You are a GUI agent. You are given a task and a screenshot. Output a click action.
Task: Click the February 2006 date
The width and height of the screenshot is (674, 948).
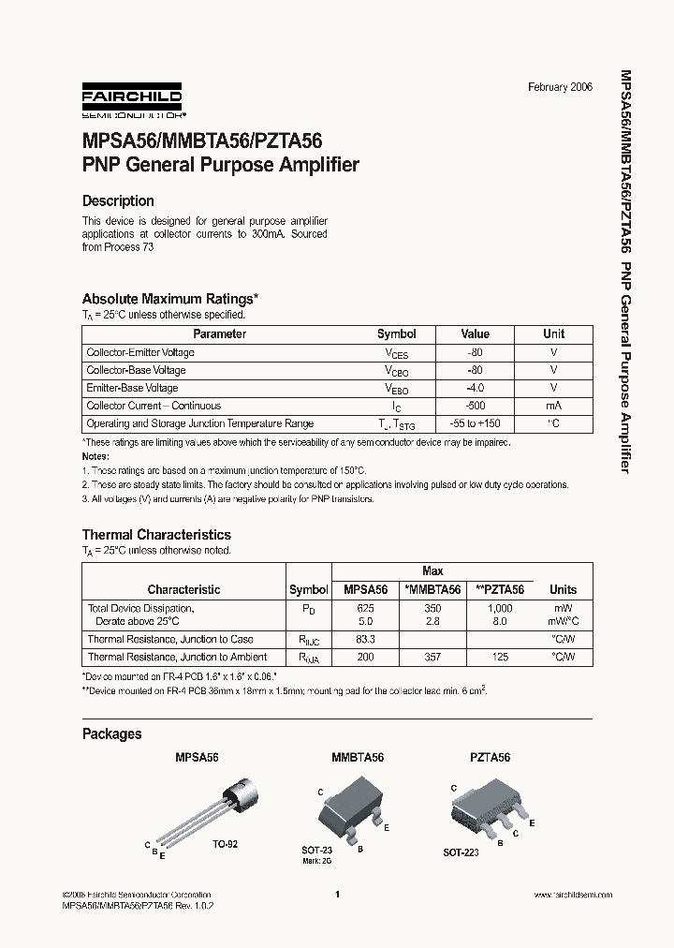click(x=560, y=87)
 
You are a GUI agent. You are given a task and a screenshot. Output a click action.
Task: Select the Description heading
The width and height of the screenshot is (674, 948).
click(x=118, y=200)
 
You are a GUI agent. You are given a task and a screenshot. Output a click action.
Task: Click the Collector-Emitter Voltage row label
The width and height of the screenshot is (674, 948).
click(x=140, y=352)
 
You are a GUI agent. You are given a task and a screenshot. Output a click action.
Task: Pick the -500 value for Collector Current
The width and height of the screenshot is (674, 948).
click(x=476, y=406)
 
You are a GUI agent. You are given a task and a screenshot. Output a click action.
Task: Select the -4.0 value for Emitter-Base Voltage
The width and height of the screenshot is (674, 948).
click(x=476, y=388)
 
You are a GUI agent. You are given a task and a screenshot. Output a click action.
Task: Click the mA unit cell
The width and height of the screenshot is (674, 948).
click(x=554, y=406)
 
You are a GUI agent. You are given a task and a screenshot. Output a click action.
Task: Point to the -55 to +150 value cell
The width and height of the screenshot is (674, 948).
click(x=476, y=423)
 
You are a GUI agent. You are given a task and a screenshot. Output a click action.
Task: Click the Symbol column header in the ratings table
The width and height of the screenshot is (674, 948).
click(x=397, y=334)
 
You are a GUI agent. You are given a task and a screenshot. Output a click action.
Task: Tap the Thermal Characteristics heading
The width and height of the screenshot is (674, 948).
click(x=156, y=535)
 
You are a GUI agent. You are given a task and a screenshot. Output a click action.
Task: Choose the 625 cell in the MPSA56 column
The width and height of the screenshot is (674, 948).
click(x=365, y=608)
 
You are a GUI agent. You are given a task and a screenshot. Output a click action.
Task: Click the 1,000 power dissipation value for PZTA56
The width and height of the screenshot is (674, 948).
click(x=500, y=608)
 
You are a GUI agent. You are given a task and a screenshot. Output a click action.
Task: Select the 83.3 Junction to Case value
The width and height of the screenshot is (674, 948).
click(x=365, y=639)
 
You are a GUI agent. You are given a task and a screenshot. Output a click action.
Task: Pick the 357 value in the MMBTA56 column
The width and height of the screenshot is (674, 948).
click(x=432, y=658)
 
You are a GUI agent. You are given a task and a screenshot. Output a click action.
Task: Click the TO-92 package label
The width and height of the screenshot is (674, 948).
click(x=225, y=844)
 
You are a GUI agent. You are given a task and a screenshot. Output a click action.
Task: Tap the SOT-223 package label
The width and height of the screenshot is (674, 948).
click(x=462, y=853)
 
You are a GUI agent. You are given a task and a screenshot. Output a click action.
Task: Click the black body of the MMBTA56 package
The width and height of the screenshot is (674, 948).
click(x=348, y=803)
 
